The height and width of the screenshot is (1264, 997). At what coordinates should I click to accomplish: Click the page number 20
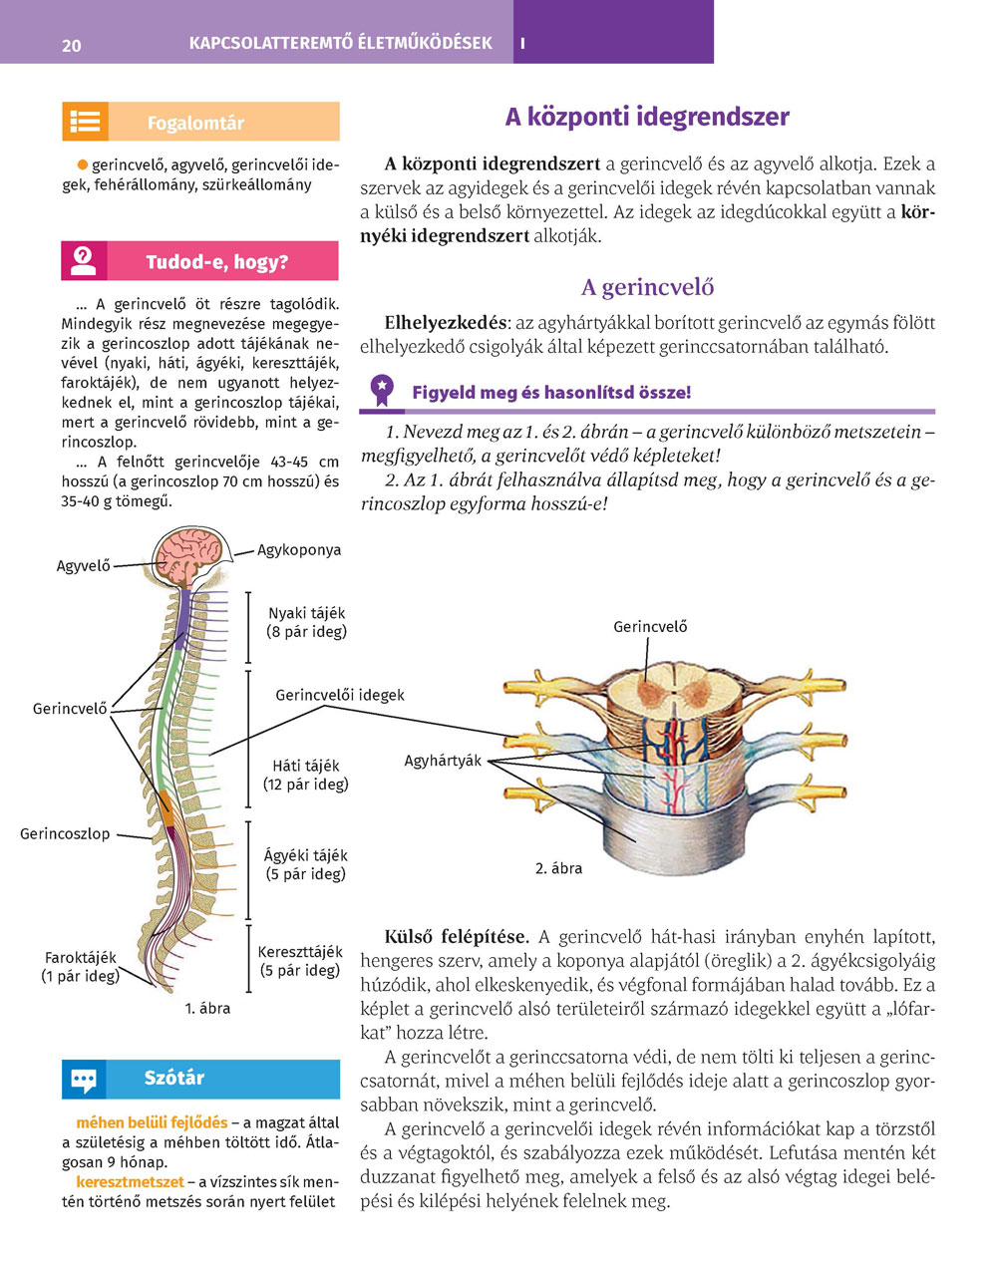[72, 45]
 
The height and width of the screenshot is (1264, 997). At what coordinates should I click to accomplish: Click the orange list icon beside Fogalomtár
[85, 122]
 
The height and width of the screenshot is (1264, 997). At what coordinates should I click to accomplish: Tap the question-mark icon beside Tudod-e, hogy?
[84, 261]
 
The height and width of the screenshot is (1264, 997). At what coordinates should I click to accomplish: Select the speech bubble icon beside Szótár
[84, 1079]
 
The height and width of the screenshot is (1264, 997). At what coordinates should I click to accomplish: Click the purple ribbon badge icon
[382, 391]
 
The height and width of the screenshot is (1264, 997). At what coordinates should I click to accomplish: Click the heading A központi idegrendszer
[646, 117]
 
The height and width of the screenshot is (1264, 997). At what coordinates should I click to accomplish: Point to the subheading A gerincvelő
[647, 287]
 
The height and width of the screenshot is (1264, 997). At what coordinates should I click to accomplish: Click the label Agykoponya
[299, 549]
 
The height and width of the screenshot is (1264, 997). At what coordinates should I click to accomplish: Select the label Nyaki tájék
[307, 613]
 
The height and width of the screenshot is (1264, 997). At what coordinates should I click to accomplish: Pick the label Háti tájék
[306, 766]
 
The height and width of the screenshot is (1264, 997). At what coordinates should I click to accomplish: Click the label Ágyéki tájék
[306, 855]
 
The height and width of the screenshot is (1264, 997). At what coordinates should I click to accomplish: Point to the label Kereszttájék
[300, 952]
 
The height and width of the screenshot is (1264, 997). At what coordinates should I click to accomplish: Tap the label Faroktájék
[81, 958]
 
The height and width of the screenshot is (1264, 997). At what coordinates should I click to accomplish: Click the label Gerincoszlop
[65, 833]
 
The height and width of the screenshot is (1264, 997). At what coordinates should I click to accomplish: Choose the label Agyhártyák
[443, 761]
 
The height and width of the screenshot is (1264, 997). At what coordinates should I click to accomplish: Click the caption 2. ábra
[558, 868]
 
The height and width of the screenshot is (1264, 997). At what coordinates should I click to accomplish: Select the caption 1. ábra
[207, 1008]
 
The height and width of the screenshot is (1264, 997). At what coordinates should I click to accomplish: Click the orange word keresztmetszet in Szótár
[130, 1181]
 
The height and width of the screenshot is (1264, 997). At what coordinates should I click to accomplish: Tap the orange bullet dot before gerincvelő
[83, 163]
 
